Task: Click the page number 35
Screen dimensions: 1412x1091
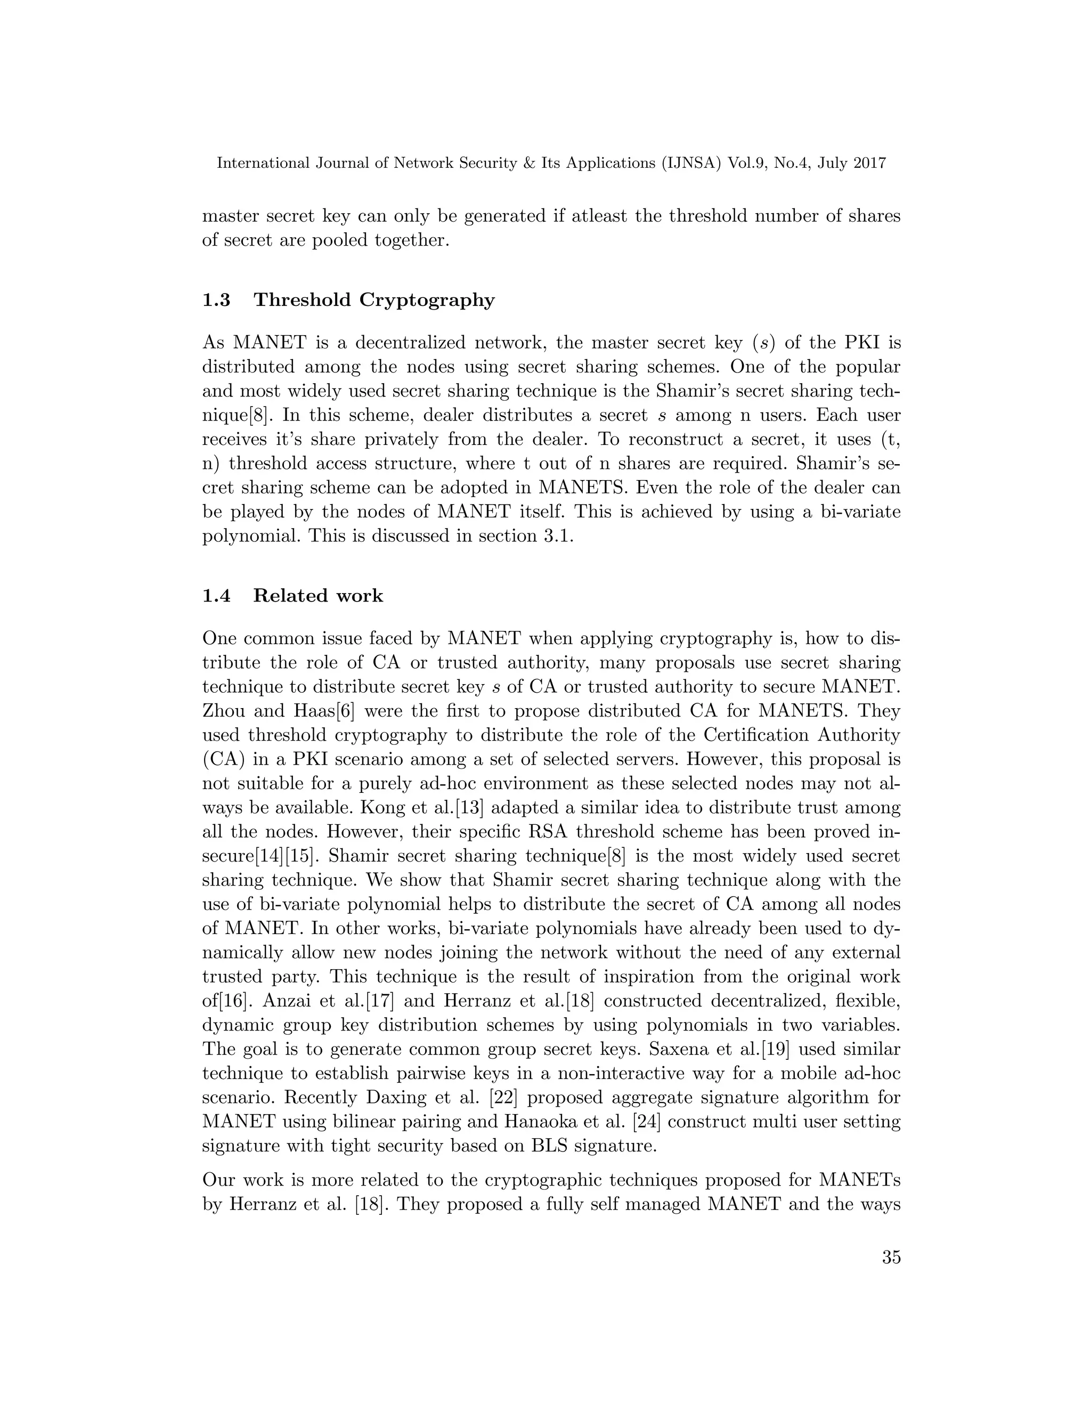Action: [891, 1276]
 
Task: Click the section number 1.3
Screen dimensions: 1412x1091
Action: [216, 300]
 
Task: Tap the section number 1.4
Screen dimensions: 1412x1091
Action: [216, 596]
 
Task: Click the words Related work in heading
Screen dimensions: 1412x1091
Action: [318, 596]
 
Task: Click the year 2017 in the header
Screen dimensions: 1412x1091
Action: [867, 164]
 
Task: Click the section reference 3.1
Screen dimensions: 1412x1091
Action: [558, 537]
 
